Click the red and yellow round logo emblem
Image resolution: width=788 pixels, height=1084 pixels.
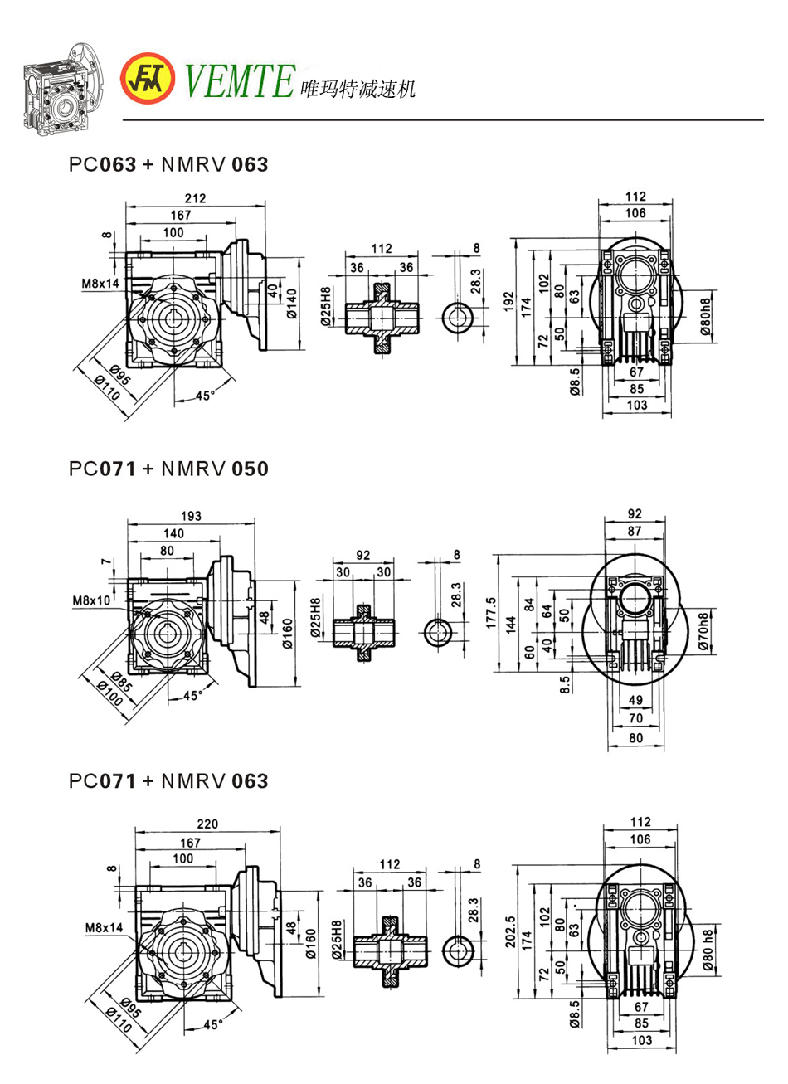click(x=148, y=79)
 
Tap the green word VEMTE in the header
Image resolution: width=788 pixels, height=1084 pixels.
click(x=239, y=80)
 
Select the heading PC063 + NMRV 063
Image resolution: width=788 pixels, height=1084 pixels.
click(x=168, y=164)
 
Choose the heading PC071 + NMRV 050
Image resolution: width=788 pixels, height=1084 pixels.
click(x=168, y=469)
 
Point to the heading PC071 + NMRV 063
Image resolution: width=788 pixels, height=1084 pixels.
click(x=168, y=780)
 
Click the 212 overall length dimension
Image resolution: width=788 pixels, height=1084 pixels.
click(x=196, y=198)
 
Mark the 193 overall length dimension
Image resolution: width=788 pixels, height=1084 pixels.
click(x=191, y=516)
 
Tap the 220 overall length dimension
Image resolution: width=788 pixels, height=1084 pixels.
click(x=207, y=824)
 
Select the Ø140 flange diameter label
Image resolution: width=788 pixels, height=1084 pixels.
click(x=291, y=302)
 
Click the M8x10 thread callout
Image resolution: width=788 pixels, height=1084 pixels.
click(x=91, y=600)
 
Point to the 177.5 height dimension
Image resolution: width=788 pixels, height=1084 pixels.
click(x=492, y=613)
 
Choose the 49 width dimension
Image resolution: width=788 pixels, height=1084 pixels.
click(x=635, y=700)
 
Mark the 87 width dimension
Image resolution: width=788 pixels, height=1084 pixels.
click(x=635, y=531)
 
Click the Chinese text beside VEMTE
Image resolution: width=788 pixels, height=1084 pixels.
click(x=357, y=89)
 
